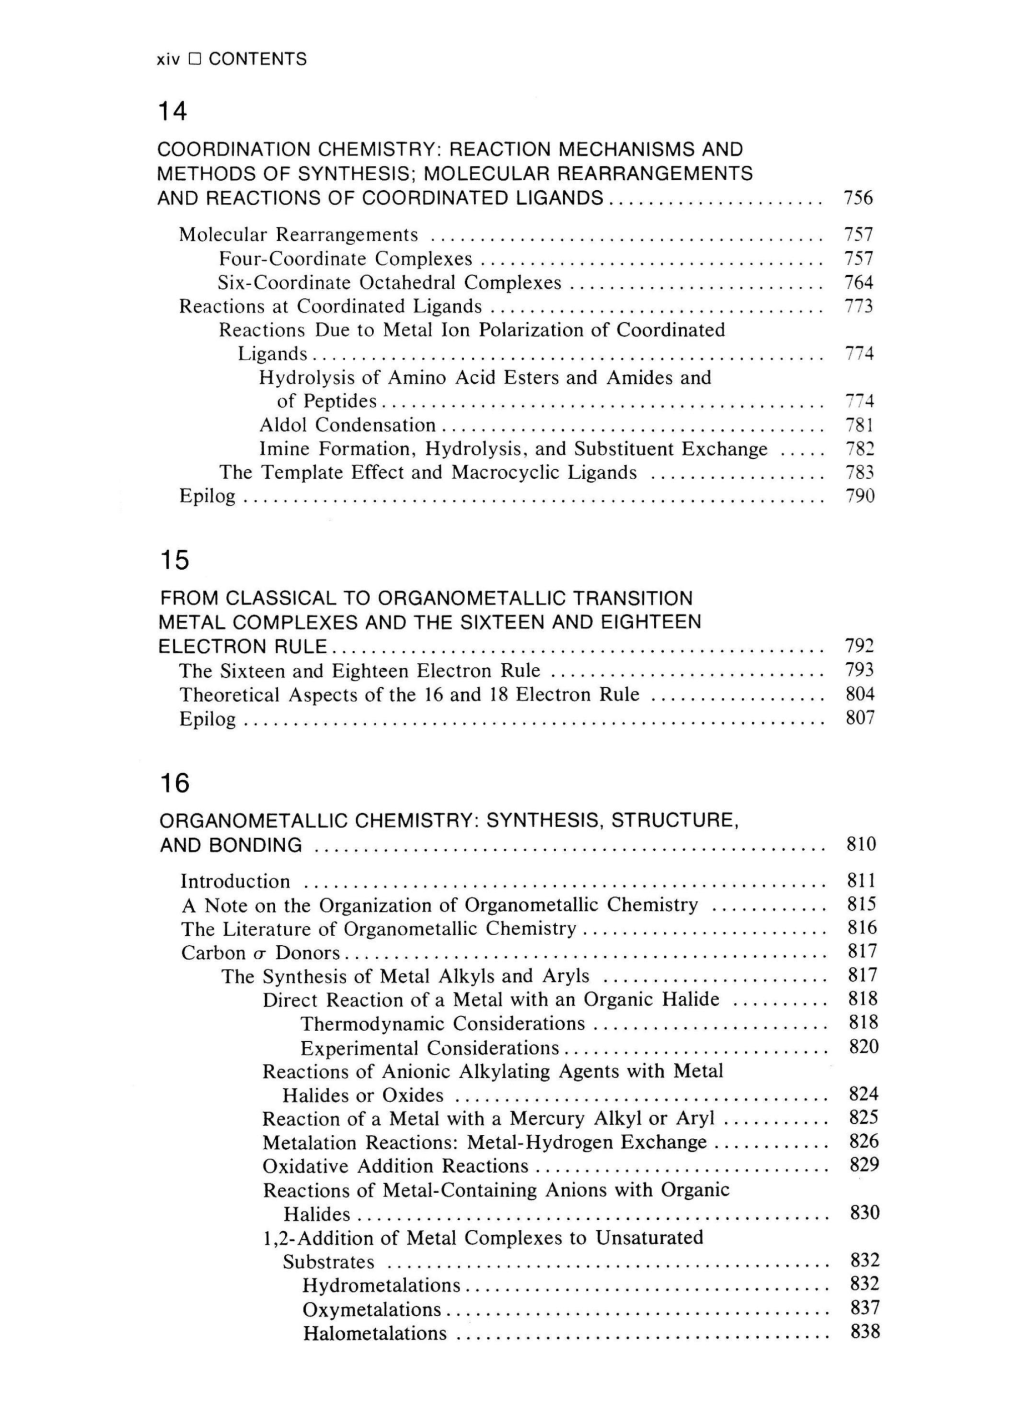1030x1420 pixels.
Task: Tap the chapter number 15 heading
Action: point(174,560)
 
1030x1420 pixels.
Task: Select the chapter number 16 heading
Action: point(175,783)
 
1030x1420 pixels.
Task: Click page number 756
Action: point(858,198)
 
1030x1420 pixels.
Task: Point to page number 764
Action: point(859,282)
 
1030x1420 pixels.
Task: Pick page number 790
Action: point(860,496)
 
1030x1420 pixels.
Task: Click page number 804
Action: point(860,694)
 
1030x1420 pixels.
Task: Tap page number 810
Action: point(861,844)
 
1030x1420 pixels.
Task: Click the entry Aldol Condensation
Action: point(348,425)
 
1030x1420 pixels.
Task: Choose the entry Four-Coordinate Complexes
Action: point(345,258)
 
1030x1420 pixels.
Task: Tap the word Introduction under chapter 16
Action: point(235,881)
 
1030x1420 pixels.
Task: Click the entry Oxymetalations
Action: point(371,1309)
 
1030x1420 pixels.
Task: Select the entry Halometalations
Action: point(375,1333)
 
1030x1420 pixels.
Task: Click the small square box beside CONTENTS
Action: point(195,59)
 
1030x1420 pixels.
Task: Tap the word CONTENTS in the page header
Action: point(257,59)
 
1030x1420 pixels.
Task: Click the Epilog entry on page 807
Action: point(208,718)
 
